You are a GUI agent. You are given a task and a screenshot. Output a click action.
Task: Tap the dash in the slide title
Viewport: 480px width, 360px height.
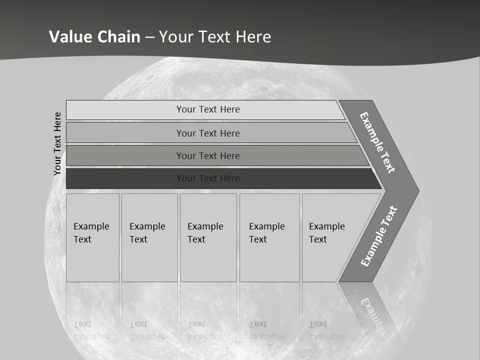point(150,37)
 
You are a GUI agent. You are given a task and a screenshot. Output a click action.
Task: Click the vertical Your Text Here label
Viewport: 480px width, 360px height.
point(57,143)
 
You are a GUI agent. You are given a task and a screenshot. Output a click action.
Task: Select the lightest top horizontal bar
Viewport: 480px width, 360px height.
point(207,109)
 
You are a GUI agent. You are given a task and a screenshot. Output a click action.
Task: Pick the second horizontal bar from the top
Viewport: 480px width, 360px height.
point(207,133)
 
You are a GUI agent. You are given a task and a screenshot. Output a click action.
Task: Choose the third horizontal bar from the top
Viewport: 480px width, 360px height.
point(207,155)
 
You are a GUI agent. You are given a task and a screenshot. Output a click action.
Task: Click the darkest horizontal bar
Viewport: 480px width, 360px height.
point(207,178)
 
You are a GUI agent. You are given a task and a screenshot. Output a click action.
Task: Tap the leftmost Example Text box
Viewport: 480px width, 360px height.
point(92,237)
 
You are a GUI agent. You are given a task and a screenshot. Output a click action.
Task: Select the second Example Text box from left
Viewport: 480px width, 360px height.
point(149,237)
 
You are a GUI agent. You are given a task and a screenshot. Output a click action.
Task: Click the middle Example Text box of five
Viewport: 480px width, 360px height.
point(208,237)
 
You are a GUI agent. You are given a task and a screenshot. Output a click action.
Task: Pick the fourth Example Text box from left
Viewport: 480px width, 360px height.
point(269,237)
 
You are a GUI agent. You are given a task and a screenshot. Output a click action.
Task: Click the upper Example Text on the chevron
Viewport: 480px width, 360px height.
point(377,142)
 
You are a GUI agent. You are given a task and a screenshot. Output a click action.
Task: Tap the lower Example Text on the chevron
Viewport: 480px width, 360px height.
point(379,236)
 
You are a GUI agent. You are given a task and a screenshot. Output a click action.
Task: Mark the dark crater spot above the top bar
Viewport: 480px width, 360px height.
point(263,88)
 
